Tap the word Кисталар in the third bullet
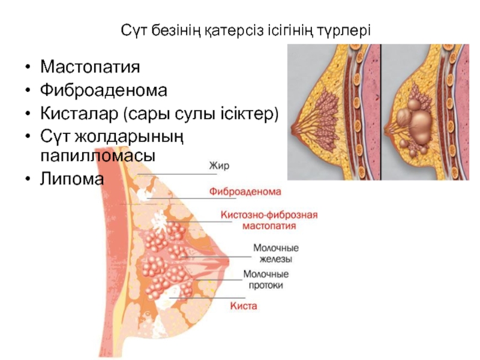[77, 112]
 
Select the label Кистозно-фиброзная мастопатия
[269, 220]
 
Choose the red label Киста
[244, 306]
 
